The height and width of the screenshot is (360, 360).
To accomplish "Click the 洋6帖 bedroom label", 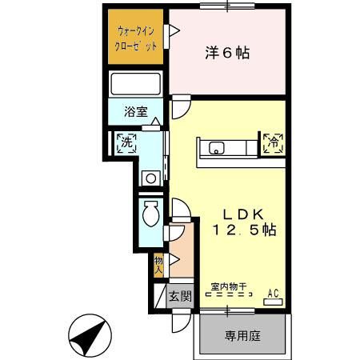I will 226,54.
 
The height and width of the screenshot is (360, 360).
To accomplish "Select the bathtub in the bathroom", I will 135,84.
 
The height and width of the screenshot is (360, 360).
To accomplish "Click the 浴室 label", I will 135,113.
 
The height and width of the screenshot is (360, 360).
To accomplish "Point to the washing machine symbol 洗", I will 126,144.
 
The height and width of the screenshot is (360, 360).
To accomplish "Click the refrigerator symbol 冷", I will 273,144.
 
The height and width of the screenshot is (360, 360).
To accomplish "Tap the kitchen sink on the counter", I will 216,147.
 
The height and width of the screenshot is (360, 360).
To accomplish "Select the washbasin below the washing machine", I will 148,178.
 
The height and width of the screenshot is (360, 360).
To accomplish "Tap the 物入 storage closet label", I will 158,265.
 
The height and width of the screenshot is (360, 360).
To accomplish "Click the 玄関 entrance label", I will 180,297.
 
